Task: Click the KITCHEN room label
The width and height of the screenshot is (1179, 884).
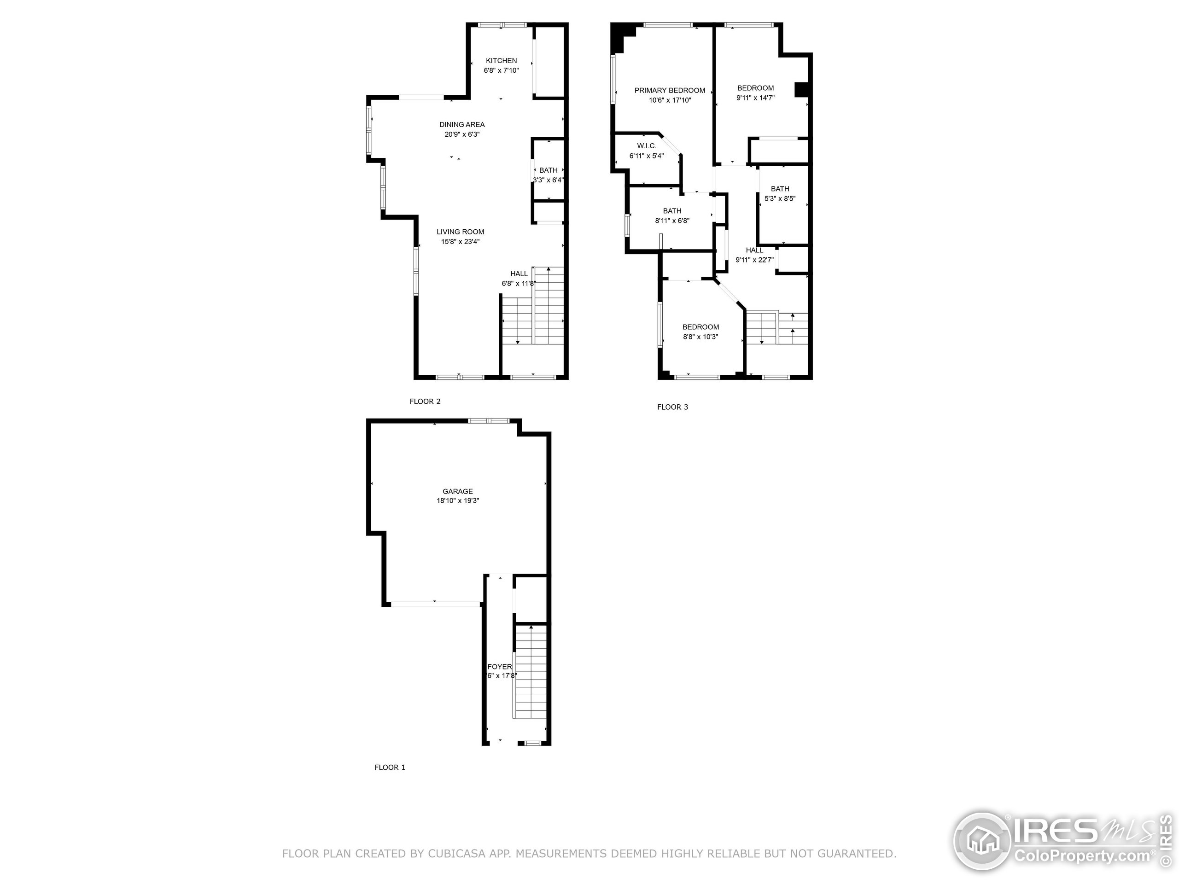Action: pos(501,61)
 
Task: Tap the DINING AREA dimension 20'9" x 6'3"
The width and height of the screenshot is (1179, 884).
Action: pos(462,135)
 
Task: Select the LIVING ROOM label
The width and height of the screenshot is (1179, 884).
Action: pos(460,232)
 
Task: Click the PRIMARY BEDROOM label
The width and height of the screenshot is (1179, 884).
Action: pos(670,91)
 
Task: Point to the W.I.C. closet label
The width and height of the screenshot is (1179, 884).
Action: pos(646,146)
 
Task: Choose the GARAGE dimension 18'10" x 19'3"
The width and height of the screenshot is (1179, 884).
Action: pos(457,501)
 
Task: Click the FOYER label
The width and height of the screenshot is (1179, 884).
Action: pos(499,667)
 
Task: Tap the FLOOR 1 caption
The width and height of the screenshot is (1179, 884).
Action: pos(390,768)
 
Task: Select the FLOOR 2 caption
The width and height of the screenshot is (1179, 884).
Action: pos(425,401)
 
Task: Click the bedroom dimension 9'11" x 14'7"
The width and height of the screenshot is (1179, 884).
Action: pos(755,98)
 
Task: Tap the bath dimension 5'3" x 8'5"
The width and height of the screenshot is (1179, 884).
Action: pos(779,199)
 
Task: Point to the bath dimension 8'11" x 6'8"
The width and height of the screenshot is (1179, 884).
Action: pos(672,221)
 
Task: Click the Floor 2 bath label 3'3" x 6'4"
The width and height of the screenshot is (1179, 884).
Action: pos(548,170)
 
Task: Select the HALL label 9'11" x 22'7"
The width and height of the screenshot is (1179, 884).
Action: pos(754,250)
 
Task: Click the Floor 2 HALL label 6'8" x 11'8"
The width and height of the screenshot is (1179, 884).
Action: pos(519,274)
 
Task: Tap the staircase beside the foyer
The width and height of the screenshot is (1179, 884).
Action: pos(531,671)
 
